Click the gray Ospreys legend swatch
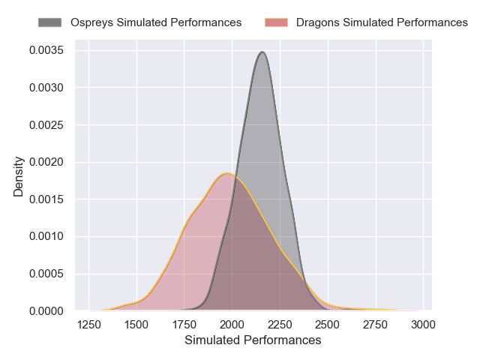pyautogui.click(x=52, y=22)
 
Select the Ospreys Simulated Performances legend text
pyautogui.click(x=156, y=22)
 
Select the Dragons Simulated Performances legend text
pyautogui.click(x=382, y=22)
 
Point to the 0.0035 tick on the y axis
pyautogui.click(x=46, y=51)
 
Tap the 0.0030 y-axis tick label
pyautogui.click(x=46, y=88)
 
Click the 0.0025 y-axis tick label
pyautogui.click(x=46, y=125)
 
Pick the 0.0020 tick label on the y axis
pyautogui.click(x=46, y=162)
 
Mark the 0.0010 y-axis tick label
pyautogui.click(x=46, y=236)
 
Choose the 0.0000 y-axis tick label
pyautogui.click(x=46, y=310)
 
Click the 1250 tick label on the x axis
pyautogui.click(x=89, y=325)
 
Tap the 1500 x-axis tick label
pyautogui.click(x=136, y=325)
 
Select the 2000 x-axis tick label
pyautogui.click(x=232, y=325)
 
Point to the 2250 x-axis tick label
pyautogui.click(x=280, y=325)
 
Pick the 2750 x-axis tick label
pyautogui.click(x=375, y=325)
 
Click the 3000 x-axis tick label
pyautogui.click(x=423, y=325)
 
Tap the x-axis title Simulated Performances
pyautogui.click(x=253, y=340)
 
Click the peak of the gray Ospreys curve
pyautogui.click(x=262, y=52)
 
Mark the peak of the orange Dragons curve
pyautogui.click(x=227, y=173)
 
